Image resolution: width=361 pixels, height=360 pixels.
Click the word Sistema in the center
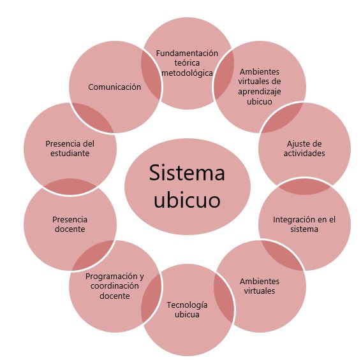point(187,173)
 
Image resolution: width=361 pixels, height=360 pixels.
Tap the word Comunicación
point(114,87)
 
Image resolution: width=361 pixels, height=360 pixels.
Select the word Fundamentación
point(187,54)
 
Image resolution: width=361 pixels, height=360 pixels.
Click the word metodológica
point(187,73)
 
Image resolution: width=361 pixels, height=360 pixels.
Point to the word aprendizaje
point(260,92)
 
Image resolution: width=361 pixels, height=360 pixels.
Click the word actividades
point(304,154)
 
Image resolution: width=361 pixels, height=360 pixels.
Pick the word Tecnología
point(187,305)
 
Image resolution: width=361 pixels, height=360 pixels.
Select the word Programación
point(112,277)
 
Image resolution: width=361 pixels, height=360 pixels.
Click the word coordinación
point(114,286)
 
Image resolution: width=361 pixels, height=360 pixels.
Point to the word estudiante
point(70,154)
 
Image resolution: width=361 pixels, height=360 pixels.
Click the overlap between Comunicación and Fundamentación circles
point(151,75)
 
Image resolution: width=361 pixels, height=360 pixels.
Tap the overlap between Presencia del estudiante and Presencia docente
point(70,187)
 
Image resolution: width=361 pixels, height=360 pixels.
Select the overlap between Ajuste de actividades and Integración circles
point(305,187)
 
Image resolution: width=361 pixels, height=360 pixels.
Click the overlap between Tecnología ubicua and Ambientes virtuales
point(224,298)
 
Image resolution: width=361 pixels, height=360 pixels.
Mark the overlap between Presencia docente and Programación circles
point(94,255)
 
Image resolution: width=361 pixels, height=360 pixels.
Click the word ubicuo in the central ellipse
point(187,199)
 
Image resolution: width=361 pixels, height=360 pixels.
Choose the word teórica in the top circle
point(187,63)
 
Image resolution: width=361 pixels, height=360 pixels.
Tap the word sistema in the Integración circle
point(304,229)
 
